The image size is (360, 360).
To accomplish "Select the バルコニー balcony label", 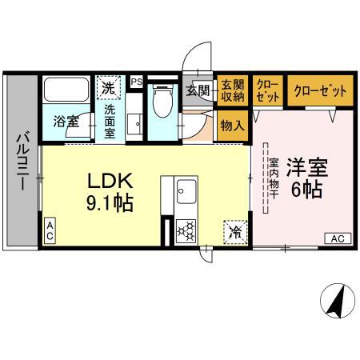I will coord(21,160).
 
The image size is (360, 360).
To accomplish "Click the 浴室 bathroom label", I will coord(66,122).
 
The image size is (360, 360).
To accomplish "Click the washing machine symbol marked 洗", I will coord(107,85).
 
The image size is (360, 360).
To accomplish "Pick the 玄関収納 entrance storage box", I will coord(233,90).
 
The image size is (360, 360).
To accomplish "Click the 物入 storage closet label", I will coord(233,125).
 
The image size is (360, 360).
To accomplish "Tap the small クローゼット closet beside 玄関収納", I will coord(267,91).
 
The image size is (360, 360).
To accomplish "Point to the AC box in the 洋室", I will coord(338,238).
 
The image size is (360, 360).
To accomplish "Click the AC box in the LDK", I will coord(50,230).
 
